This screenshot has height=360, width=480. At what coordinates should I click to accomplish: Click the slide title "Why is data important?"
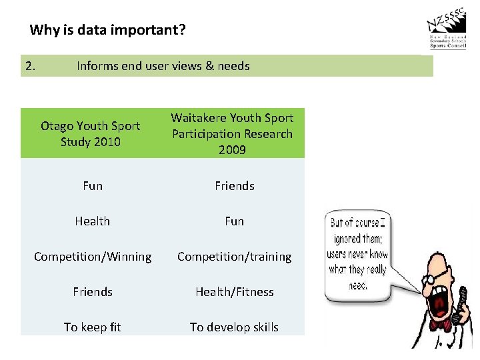108,30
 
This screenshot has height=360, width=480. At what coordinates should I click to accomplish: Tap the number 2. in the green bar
31,66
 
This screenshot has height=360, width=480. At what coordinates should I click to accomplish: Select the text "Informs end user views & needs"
163,66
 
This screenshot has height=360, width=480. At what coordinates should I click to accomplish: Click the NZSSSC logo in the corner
447,31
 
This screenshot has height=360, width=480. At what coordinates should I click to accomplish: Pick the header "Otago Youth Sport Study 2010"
91,133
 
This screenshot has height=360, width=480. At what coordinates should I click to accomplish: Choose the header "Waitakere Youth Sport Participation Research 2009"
232,133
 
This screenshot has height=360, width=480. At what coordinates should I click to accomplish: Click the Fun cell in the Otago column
93,186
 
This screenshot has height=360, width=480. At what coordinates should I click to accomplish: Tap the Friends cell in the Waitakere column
234,186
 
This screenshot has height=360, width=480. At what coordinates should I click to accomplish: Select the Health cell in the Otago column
93,221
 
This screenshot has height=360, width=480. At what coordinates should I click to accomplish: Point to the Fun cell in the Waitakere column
234,221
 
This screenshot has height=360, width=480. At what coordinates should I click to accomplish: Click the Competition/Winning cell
93,257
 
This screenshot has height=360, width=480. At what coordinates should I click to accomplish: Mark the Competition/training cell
234,257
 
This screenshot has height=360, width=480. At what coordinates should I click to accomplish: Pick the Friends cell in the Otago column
93,292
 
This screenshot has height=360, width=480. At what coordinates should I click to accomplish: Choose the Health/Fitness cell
234,292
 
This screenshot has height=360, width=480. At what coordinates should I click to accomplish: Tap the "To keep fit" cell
93,327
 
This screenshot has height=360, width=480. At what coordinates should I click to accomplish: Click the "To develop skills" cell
234,327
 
